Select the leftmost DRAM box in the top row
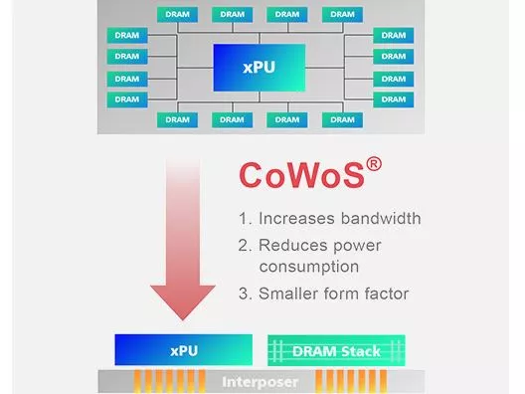(x=176, y=14)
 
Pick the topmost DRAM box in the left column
(x=127, y=35)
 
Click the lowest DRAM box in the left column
(x=127, y=99)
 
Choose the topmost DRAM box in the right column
(x=393, y=35)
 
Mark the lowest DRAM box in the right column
(x=393, y=99)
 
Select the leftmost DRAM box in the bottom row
(x=176, y=120)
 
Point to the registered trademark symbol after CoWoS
(x=374, y=160)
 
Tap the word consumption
(x=308, y=267)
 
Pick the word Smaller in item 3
(x=289, y=294)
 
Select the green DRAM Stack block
(x=338, y=350)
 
